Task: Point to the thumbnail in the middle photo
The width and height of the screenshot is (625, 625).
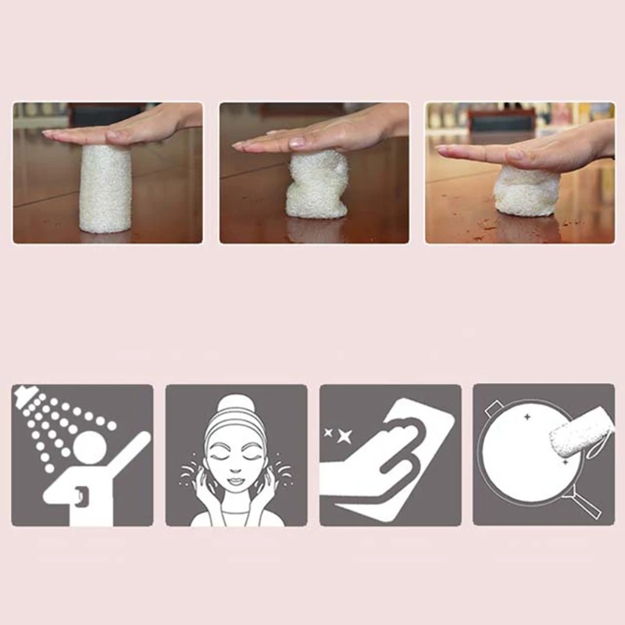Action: point(297,143)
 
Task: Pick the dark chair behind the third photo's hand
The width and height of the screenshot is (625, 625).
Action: point(501,118)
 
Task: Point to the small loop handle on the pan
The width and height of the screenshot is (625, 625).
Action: point(493,407)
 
